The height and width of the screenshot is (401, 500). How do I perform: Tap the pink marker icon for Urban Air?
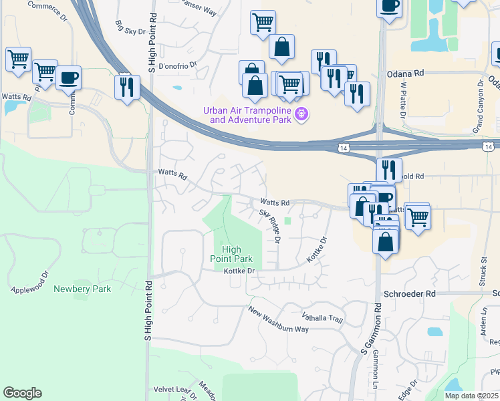coord(302,115)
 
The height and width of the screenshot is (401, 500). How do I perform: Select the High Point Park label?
coord(237,254)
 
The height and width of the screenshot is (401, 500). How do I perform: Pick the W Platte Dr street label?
coord(403,100)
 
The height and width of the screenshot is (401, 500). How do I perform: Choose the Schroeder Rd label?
coord(409,293)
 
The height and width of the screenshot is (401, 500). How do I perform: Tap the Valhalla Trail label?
coord(322,317)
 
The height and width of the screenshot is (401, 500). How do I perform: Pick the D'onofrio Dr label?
coord(178,66)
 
